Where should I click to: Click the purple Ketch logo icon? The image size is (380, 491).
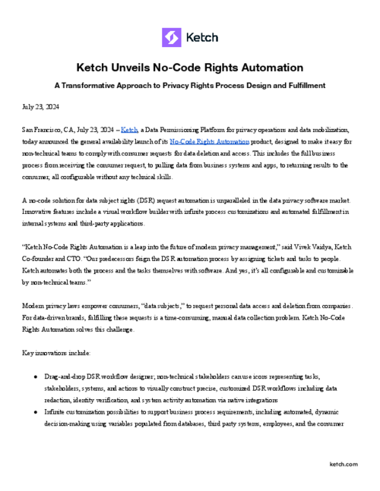point(171,36)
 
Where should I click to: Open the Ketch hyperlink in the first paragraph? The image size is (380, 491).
point(130,131)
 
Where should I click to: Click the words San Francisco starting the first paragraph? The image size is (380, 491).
point(41,131)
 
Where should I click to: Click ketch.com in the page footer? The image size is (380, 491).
point(344,464)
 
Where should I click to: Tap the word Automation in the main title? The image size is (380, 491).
point(267,68)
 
